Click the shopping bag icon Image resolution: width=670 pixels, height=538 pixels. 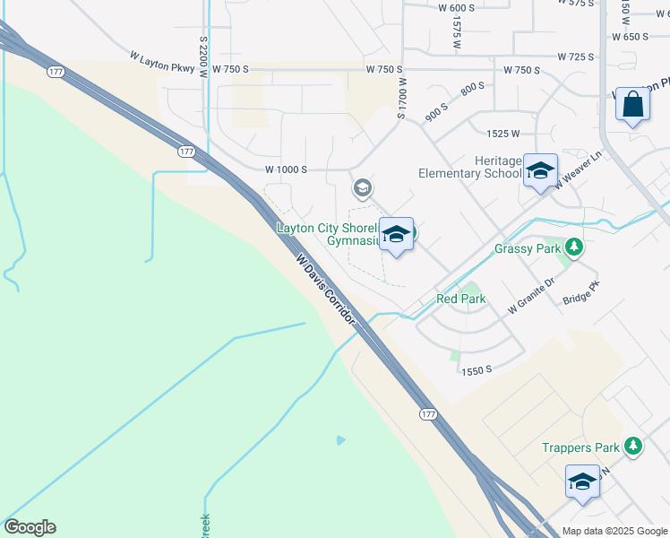(633, 106)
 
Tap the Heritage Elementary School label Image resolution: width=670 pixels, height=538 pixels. (469, 166)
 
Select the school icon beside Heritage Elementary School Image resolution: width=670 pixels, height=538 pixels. (540, 171)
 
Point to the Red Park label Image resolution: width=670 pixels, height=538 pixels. (460, 299)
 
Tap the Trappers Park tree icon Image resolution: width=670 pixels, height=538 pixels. (634, 446)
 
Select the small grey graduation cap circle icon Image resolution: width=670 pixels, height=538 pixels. (363, 187)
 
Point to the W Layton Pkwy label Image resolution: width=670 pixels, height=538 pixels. (161, 56)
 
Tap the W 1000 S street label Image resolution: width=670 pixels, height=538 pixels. (286, 169)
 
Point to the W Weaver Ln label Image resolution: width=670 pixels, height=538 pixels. (576, 172)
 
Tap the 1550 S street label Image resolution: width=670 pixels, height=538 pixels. (477, 369)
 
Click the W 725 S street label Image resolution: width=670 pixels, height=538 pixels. (574, 56)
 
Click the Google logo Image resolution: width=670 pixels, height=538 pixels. (30, 527)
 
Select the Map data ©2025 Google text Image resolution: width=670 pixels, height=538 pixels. (615, 531)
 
